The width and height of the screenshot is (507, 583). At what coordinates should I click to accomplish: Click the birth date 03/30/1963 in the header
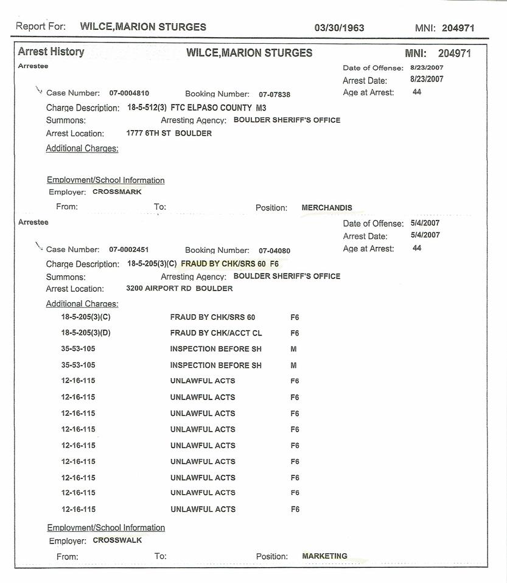tap(339, 28)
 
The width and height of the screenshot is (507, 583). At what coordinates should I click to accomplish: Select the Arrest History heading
tap(51, 52)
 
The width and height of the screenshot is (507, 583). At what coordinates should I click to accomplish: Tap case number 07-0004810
tap(129, 94)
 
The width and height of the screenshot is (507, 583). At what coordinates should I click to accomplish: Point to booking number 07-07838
tap(274, 94)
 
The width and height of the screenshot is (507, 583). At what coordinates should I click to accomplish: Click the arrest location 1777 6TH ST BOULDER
tap(169, 133)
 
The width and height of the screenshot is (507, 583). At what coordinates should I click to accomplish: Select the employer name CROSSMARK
tap(117, 192)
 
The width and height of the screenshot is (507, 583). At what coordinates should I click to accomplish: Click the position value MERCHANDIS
tap(327, 208)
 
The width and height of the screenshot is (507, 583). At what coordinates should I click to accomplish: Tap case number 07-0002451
tap(129, 250)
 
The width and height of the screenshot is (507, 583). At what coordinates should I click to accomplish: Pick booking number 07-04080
tap(274, 250)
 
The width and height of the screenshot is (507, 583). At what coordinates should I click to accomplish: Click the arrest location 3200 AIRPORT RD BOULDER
tap(179, 289)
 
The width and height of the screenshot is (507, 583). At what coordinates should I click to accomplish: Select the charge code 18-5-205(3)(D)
tap(86, 333)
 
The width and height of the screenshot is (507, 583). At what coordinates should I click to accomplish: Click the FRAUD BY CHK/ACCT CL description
tap(216, 333)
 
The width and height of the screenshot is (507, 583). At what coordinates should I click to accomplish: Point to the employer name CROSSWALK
tap(117, 540)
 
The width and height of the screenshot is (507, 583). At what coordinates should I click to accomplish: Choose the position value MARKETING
tap(324, 556)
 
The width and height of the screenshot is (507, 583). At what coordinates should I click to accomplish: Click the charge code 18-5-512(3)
tap(147, 108)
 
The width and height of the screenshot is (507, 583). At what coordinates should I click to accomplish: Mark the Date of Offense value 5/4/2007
tap(425, 223)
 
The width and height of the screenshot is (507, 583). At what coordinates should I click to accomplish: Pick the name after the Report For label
tap(143, 27)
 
